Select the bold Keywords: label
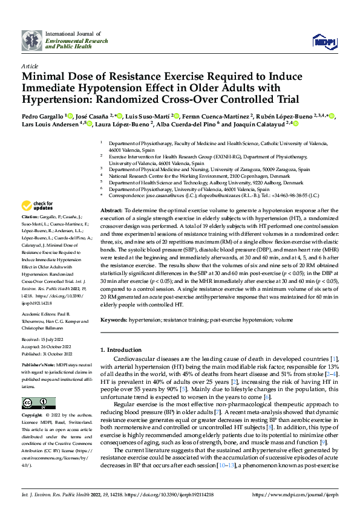(x=114, y=319)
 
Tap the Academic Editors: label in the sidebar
(x=39, y=314)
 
